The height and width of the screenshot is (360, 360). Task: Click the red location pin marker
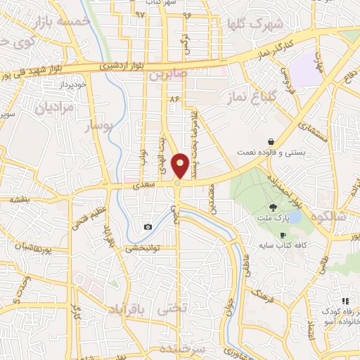(180, 166)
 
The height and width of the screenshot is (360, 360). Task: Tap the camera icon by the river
(148, 226)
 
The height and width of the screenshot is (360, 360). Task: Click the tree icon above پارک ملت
(273, 207)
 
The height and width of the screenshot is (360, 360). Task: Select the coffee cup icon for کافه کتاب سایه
(283, 235)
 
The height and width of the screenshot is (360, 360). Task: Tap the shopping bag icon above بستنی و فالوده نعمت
(271, 141)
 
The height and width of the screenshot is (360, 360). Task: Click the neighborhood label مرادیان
(53, 108)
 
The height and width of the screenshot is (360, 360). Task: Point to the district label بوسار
(98, 127)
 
